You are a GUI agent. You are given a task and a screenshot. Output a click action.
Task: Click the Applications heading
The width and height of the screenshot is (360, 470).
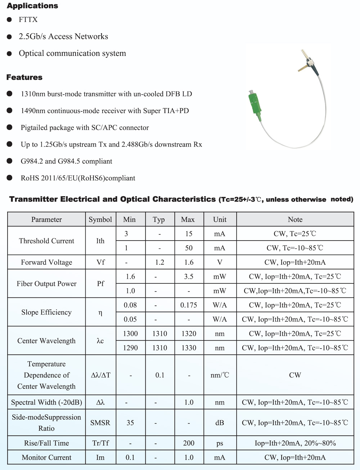(x=32, y=6)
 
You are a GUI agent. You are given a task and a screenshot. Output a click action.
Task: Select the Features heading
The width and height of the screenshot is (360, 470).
(x=24, y=77)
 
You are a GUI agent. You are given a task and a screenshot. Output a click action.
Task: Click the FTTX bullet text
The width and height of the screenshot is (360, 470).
(x=28, y=19)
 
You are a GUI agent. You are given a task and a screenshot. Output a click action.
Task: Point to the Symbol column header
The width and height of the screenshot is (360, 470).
(x=100, y=219)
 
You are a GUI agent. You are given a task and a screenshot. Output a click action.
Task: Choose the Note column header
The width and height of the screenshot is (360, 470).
(x=295, y=219)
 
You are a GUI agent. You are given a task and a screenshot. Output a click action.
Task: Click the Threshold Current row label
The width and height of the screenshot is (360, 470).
(x=46, y=241)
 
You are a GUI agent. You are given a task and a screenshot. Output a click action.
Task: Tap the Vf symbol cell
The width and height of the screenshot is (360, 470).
(x=100, y=262)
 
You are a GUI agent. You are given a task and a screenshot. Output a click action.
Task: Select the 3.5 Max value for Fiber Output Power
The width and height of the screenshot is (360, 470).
(x=189, y=277)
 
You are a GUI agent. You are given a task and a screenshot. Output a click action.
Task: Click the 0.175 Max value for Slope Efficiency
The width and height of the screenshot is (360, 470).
(x=189, y=305)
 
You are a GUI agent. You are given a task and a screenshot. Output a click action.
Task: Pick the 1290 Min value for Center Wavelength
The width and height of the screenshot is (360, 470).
(x=130, y=348)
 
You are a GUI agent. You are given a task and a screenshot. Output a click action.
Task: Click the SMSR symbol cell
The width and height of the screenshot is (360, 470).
(x=100, y=423)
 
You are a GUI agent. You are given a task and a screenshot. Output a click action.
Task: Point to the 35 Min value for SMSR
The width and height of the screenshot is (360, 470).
(x=130, y=423)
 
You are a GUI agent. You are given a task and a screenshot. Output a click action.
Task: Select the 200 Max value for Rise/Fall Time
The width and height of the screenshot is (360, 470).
(x=189, y=443)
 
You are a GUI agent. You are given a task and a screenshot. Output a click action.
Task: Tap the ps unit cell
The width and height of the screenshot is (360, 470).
(x=220, y=443)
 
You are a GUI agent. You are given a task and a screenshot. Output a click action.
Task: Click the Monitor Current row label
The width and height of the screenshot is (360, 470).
(x=46, y=457)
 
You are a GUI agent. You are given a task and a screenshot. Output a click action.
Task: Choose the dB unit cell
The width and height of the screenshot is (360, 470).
(x=220, y=423)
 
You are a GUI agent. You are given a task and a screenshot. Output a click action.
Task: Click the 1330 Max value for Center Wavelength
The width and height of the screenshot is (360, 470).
(x=189, y=348)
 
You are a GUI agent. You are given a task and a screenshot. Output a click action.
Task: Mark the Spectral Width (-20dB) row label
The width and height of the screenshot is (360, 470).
(x=46, y=402)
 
